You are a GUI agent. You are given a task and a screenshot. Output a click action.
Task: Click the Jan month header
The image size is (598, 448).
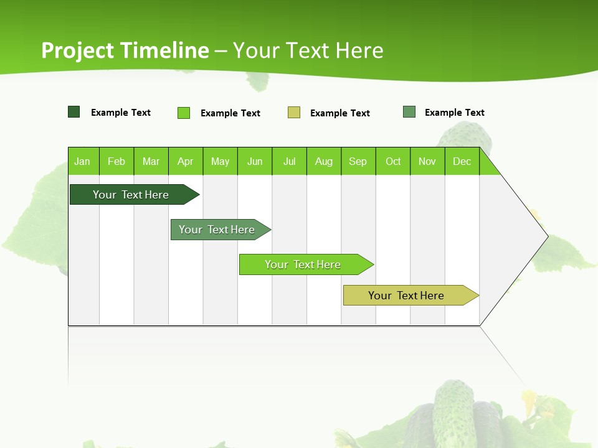82,162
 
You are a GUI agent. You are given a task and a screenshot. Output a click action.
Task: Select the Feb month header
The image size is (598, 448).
116,162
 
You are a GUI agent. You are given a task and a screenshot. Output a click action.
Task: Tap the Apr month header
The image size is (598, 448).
185,162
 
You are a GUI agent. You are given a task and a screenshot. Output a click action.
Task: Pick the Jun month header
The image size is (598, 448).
255,162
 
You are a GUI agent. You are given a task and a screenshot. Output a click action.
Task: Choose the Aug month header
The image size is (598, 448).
323,162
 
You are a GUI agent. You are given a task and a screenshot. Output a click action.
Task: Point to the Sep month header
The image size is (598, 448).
358,162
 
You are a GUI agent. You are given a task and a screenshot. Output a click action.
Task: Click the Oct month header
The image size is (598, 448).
393,162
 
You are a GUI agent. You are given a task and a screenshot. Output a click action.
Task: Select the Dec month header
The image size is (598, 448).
462,162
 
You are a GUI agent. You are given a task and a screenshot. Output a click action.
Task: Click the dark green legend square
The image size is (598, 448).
74,112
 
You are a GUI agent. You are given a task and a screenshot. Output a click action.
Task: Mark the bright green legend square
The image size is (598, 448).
184,113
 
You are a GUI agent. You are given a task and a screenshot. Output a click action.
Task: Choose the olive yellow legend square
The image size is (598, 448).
294,113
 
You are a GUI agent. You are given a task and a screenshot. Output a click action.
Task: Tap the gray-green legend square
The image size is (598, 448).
409,112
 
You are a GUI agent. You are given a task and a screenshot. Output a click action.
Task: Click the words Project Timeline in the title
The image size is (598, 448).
125,50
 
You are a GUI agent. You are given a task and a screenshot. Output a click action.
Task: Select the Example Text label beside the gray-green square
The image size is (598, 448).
454,113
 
